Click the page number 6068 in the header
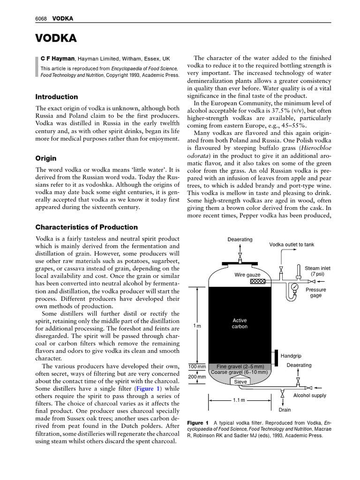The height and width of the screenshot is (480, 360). (x=43, y=18)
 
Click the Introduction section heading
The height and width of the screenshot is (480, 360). (x=57, y=97)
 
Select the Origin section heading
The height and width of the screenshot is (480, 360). (x=46, y=158)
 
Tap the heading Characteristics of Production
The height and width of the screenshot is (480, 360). (x=87, y=227)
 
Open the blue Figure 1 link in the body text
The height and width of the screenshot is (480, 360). (x=148, y=389)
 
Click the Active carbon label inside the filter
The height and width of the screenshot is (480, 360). (x=240, y=323)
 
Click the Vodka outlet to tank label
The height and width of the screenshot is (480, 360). (x=292, y=245)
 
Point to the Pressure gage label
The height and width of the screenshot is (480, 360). (x=315, y=292)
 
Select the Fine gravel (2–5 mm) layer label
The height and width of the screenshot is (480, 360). (x=240, y=366)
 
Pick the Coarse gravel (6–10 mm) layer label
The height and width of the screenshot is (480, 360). (x=240, y=372)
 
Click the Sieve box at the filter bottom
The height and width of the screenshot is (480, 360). (x=240, y=382)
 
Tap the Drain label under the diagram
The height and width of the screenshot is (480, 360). (x=285, y=409)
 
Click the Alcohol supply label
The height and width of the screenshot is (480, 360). (x=309, y=396)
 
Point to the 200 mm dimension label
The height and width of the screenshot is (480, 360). (x=197, y=376)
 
